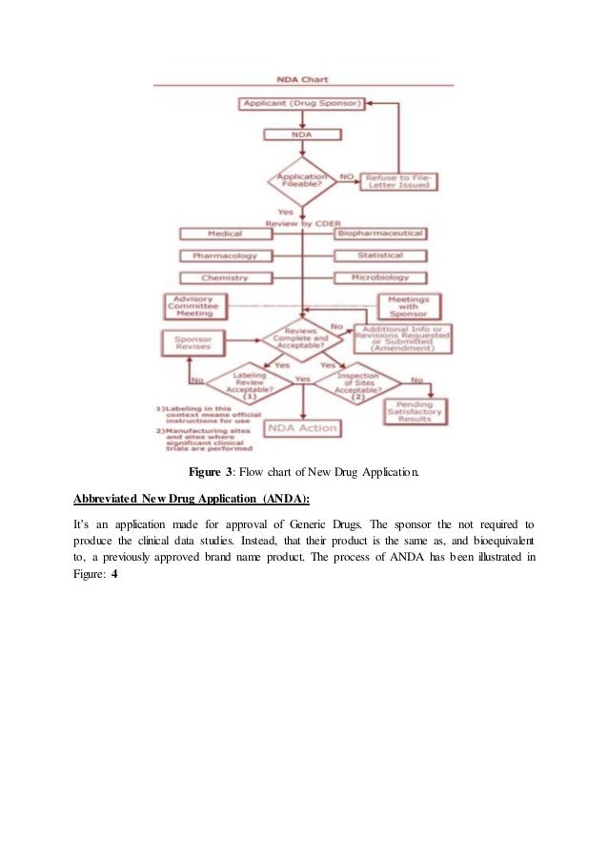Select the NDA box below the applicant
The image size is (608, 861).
click(x=301, y=135)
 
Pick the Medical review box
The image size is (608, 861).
click(x=225, y=234)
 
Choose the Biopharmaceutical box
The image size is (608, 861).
click(x=380, y=234)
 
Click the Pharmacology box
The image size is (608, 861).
click(x=225, y=256)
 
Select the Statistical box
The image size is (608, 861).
click(x=380, y=256)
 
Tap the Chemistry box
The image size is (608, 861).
click(x=225, y=277)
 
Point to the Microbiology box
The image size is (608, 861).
click(x=380, y=277)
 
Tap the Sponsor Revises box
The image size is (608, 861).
click(x=193, y=344)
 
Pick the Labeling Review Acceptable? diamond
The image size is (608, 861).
click(x=250, y=385)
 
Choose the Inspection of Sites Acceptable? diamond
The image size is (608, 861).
click(x=358, y=385)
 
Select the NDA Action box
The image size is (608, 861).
click(x=302, y=428)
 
